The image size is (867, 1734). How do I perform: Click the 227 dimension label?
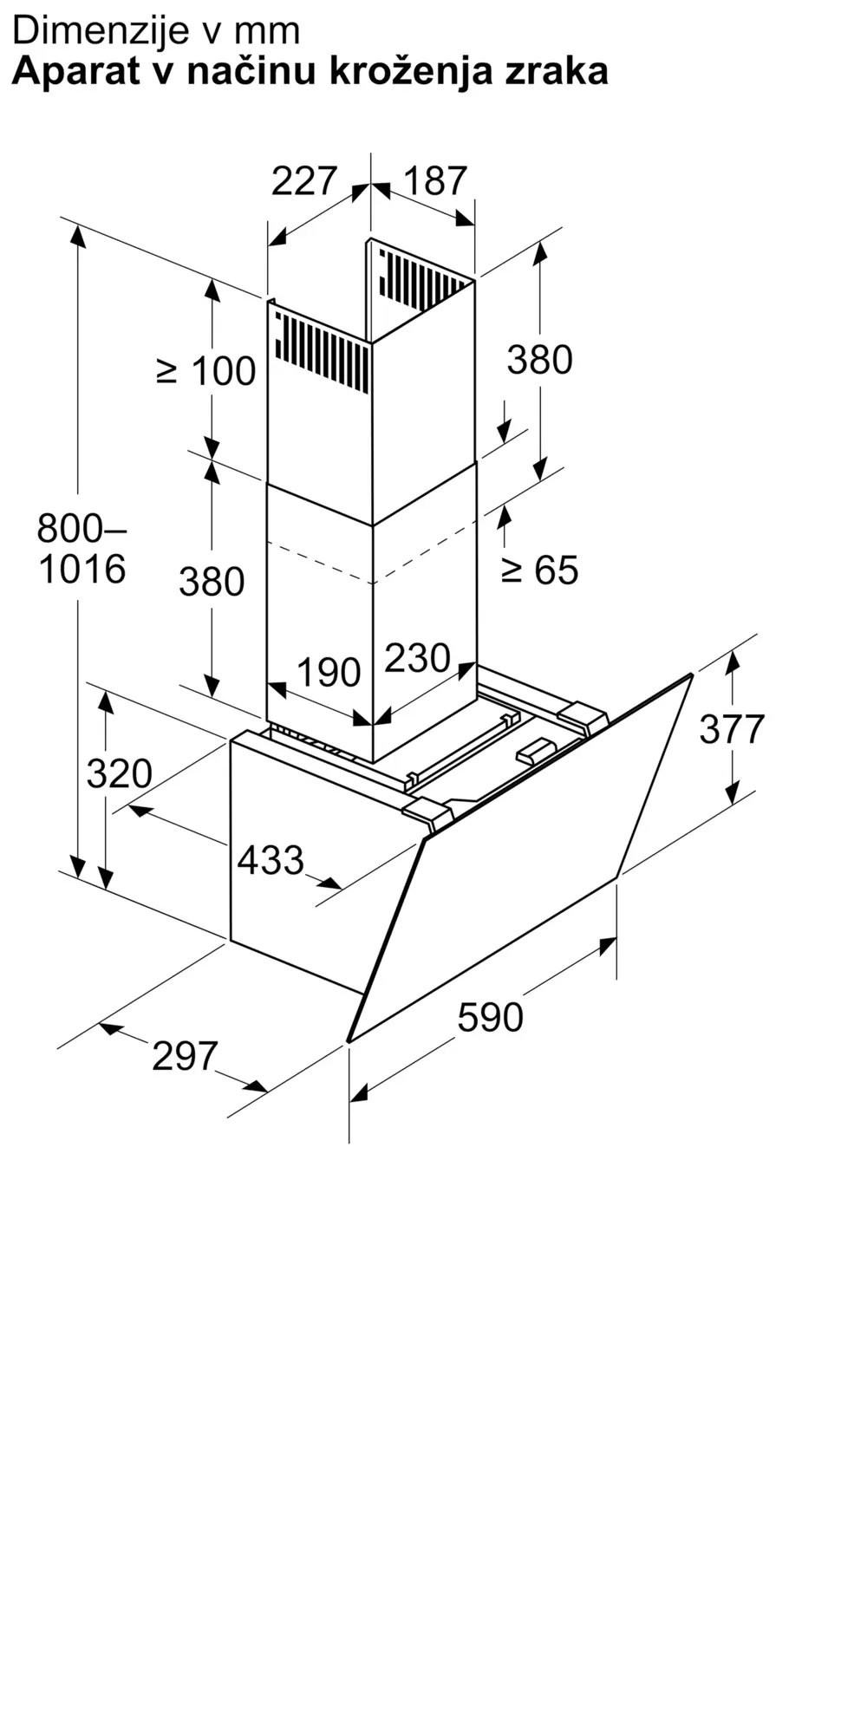pyautogui.click(x=303, y=180)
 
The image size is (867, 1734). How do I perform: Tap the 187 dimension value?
pyautogui.click(x=435, y=180)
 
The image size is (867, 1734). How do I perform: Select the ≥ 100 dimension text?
pyautogui.click(x=205, y=371)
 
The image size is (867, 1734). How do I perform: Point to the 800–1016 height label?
pyautogui.click(x=82, y=548)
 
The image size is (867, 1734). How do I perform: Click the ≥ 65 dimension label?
pyautogui.click(x=539, y=570)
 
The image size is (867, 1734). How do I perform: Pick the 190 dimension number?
pyautogui.click(x=329, y=672)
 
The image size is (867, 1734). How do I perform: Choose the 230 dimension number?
pyautogui.click(x=418, y=658)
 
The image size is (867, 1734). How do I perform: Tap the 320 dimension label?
pyautogui.click(x=120, y=772)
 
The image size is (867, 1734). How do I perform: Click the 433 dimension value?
pyautogui.click(x=271, y=860)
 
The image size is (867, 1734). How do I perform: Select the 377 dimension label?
pyautogui.click(x=733, y=728)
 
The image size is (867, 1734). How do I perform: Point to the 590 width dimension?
pyautogui.click(x=491, y=1017)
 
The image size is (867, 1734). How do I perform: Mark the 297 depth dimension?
pyautogui.click(x=185, y=1055)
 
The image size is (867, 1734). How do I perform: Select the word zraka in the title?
pyautogui.click(x=558, y=71)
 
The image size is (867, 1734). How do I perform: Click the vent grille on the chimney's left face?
pyautogui.click(x=322, y=351)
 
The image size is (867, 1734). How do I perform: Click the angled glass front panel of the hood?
pyautogui.click(x=520, y=857)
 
